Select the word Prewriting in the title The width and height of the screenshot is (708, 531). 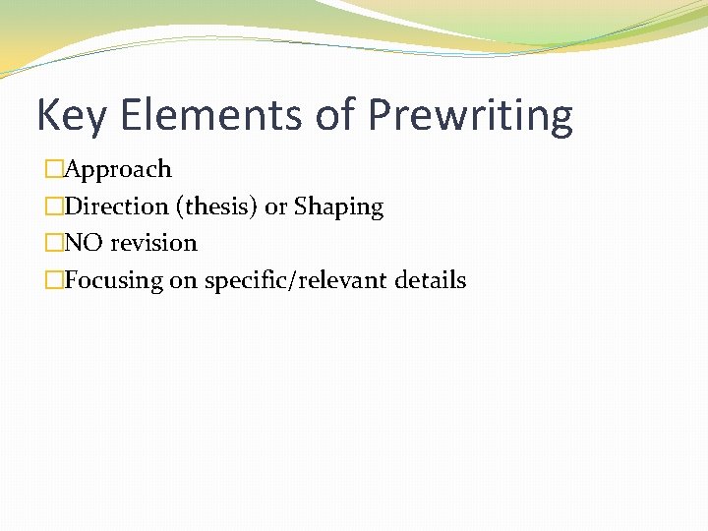[470, 116]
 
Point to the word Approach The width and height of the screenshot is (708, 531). [118, 169]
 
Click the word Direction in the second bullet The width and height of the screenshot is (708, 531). [116, 206]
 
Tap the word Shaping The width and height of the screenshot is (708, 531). [338, 206]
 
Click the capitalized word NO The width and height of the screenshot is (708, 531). [84, 243]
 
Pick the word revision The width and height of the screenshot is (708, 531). [153, 243]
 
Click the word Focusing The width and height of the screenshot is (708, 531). [113, 280]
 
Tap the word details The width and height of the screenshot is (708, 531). [431, 280]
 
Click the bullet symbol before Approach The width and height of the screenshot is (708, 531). [53, 169]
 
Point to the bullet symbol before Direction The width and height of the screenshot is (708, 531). [53, 206]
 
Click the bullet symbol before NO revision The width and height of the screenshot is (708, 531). [53, 243]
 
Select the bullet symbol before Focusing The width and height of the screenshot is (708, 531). [53, 280]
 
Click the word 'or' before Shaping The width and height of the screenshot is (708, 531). [275, 206]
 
